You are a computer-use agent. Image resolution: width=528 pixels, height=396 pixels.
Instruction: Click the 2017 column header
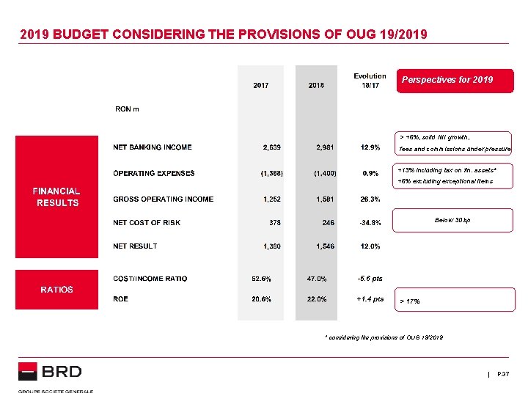[x=261, y=85]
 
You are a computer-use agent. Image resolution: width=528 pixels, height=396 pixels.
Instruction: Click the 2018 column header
[x=317, y=85]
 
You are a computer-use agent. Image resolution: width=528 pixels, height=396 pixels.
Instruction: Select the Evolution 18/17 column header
[x=370, y=81]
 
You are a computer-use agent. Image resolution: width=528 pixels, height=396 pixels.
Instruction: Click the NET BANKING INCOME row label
[x=153, y=147]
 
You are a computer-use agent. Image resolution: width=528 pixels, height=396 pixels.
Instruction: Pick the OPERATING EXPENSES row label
[x=154, y=174]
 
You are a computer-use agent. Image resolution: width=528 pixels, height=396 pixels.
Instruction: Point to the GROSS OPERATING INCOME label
[x=164, y=199]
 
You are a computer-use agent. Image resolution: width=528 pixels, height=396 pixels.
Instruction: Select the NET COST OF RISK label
[x=147, y=223]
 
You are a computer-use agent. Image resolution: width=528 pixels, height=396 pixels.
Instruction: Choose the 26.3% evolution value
[x=370, y=199]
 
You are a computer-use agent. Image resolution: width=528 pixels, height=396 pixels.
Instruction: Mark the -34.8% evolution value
[x=370, y=223]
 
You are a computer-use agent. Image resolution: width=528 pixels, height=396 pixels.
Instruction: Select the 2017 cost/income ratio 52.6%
[x=263, y=279]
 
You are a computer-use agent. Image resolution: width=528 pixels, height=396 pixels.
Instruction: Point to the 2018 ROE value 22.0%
[x=317, y=299]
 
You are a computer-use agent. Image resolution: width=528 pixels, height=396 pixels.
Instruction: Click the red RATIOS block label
[x=57, y=290]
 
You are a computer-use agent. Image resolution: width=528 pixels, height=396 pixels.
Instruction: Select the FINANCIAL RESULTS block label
[x=57, y=197]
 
